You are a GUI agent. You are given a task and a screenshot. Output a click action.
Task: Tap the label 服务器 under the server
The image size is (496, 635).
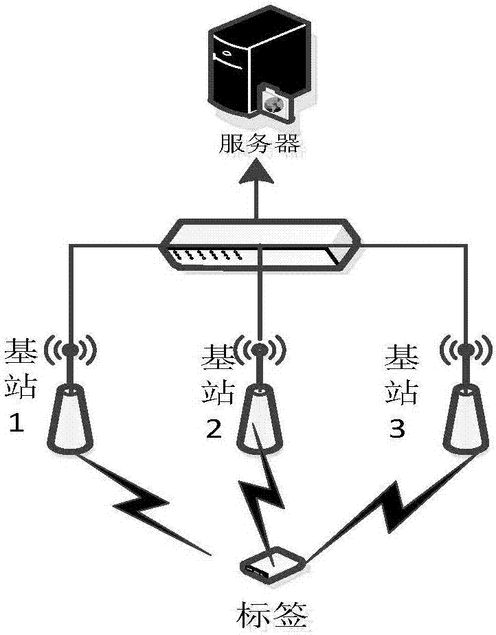click(259, 144)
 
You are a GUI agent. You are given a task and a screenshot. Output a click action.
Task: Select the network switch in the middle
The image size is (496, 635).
click(258, 246)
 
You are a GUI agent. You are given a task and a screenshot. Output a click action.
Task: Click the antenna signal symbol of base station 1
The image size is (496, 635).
click(70, 350)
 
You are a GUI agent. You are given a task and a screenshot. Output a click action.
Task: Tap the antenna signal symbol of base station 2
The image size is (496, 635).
click(258, 351)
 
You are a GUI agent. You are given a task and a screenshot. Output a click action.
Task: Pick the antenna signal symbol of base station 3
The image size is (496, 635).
click(465, 350)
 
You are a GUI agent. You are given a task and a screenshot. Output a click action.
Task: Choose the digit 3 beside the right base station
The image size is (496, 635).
click(397, 430)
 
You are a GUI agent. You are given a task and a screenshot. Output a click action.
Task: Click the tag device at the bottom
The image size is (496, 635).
click(272, 564)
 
